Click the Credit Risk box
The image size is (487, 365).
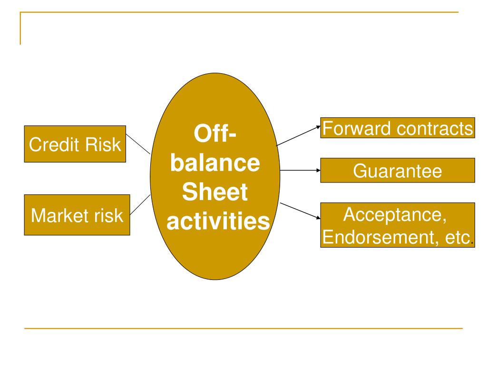click(x=75, y=144)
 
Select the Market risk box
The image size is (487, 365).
click(x=77, y=215)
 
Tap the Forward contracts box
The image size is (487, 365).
click(x=398, y=128)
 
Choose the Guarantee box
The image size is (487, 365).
click(x=398, y=171)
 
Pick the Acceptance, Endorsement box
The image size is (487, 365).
click(x=398, y=225)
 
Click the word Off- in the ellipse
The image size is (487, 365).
click(x=215, y=134)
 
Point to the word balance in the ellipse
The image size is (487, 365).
click(x=215, y=163)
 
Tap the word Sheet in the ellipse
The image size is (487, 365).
click(x=215, y=192)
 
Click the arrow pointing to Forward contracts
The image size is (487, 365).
click(x=298, y=135)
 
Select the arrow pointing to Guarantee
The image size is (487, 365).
click(x=300, y=171)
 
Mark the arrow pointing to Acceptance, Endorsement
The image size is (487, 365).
click(x=300, y=211)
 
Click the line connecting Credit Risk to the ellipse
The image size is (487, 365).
click(x=138, y=144)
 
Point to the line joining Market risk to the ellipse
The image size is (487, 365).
click(x=140, y=204)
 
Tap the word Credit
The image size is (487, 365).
click(x=53, y=144)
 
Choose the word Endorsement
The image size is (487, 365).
click(x=378, y=238)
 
